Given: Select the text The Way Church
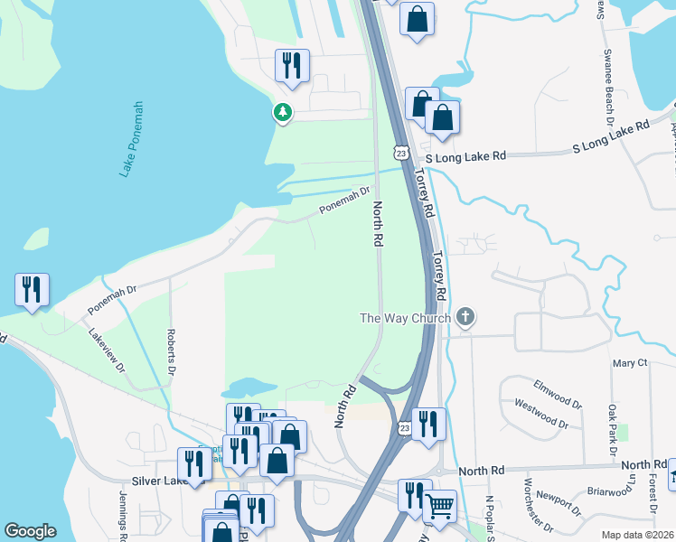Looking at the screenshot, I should (x=406, y=317).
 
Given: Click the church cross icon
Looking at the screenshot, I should (x=465, y=316).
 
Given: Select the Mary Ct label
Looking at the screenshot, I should (x=630, y=363).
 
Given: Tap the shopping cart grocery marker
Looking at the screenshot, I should (x=439, y=507).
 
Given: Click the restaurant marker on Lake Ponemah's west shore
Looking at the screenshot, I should (x=32, y=289).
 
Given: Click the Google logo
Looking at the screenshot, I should (x=30, y=531).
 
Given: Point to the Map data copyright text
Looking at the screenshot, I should (x=638, y=535).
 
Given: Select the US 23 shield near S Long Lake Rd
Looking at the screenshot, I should (x=401, y=153).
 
